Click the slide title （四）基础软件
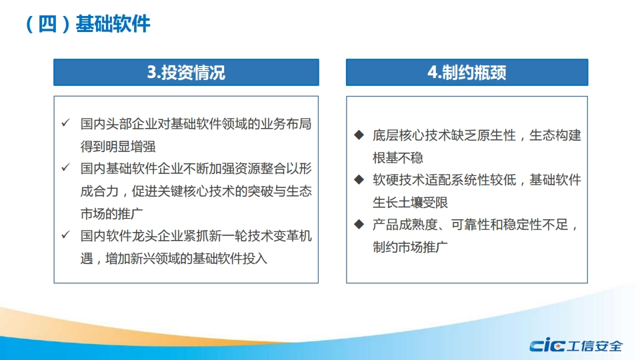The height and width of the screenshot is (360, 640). pos(88,24)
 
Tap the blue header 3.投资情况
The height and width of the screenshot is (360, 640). pos(186,72)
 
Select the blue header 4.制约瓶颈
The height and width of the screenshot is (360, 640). pos(467,72)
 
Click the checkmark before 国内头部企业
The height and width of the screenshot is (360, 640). pos(66,123)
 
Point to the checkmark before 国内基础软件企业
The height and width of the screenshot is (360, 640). pos(66,167)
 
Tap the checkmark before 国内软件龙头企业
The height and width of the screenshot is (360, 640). pos(66,235)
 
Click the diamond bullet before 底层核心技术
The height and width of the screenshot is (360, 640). pos(359,135)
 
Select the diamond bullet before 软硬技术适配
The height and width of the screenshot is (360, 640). pos(359,179)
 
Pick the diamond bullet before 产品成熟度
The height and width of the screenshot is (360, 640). pos(359,224)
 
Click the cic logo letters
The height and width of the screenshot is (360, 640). pos(547,346)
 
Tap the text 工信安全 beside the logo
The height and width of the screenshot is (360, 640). pos(595,346)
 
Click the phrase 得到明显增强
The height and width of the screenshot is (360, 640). pos(118,147)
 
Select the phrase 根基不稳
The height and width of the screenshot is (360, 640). pos(398,157)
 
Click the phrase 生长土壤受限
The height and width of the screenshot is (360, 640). pos(411,202)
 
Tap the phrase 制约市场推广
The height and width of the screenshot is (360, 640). pos(411,247)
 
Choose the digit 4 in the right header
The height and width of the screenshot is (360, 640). pos(433,72)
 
